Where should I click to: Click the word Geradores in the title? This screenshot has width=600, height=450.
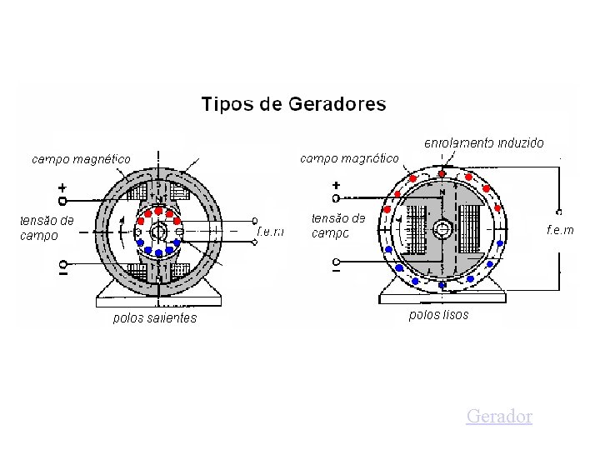[337, 105]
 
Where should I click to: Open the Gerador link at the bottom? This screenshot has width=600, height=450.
[499, 416]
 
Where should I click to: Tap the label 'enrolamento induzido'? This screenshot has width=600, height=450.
[484, 142]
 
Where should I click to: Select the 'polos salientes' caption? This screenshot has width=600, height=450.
[155, 317]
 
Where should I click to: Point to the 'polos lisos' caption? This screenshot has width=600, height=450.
[439, 315]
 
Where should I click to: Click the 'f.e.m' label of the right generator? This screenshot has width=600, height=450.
[560, 229]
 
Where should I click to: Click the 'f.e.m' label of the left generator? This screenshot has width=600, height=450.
[271, 231]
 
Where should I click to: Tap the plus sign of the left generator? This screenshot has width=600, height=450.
[62, 187]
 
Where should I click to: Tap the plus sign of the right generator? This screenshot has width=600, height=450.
[336, 185]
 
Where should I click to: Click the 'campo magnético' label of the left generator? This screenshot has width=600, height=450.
[81, 158]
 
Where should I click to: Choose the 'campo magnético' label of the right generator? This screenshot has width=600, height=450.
[348, 157]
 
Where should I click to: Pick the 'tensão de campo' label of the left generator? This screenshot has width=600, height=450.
[47, 227]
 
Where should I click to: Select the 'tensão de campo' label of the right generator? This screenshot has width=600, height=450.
[338, 226]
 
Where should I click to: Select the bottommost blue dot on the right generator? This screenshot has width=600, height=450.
[442, 285]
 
